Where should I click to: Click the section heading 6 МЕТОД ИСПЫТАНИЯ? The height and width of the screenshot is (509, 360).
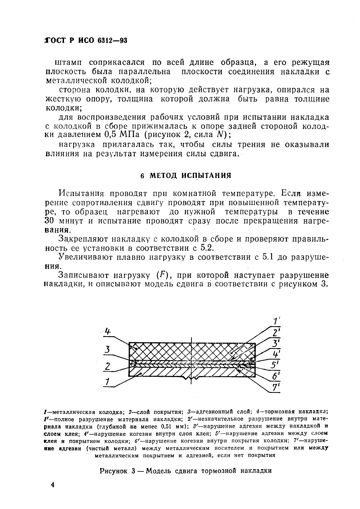186,175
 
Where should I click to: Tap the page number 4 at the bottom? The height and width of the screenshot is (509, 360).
52,485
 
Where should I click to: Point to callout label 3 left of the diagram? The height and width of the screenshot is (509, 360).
107,350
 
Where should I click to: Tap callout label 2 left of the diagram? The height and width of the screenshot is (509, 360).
107,366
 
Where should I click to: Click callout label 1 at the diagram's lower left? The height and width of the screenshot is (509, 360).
107,382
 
